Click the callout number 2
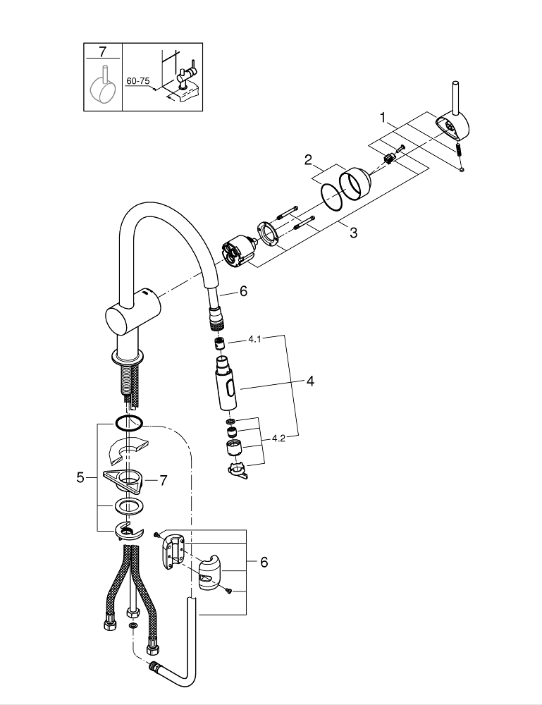(x=308, y=160)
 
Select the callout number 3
(x=353, y=233)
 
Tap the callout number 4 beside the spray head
(x=309, y=381)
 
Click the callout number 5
(x=80, y=477)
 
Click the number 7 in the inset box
(x=103, y=52)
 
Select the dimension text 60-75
(x=138, y=82)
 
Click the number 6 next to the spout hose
(x=244, y=291)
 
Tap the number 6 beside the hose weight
(x=264, y=562)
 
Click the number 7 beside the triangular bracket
(x=163, y=480)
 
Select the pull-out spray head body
(x=226, y=386)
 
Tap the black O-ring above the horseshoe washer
(x=128, y=423)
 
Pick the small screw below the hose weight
(x=229, y=591)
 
